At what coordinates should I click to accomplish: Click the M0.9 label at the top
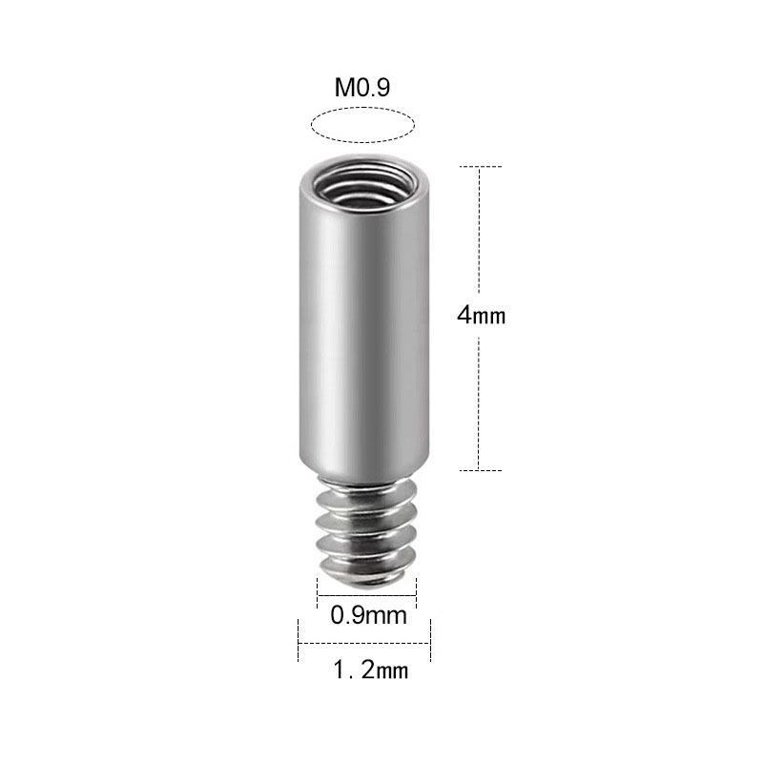(363, 89)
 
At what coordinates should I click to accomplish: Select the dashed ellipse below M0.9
(363, 125)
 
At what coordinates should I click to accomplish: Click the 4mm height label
(481, 317)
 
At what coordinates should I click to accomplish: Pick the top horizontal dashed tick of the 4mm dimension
(481, 167)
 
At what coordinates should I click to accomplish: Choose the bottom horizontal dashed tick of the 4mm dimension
(481, 470)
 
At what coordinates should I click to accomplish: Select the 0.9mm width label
(368, 615)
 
